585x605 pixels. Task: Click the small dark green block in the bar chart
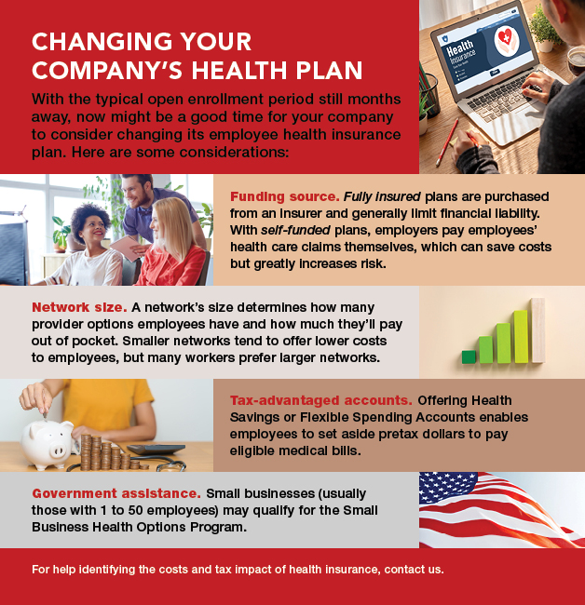coord(468,356)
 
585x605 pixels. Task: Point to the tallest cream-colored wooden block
coord(537,330)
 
